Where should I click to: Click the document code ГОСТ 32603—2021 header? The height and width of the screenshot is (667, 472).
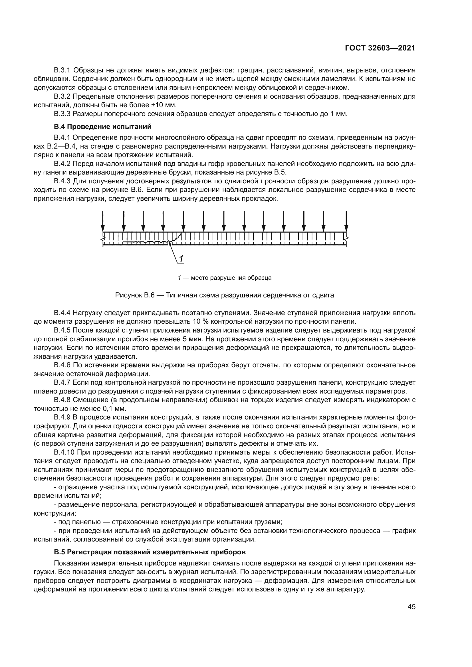tap(380, 48)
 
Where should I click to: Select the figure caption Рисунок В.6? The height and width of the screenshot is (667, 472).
tap(224, 295)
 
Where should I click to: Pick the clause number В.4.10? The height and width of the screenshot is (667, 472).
tap(64, 452)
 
